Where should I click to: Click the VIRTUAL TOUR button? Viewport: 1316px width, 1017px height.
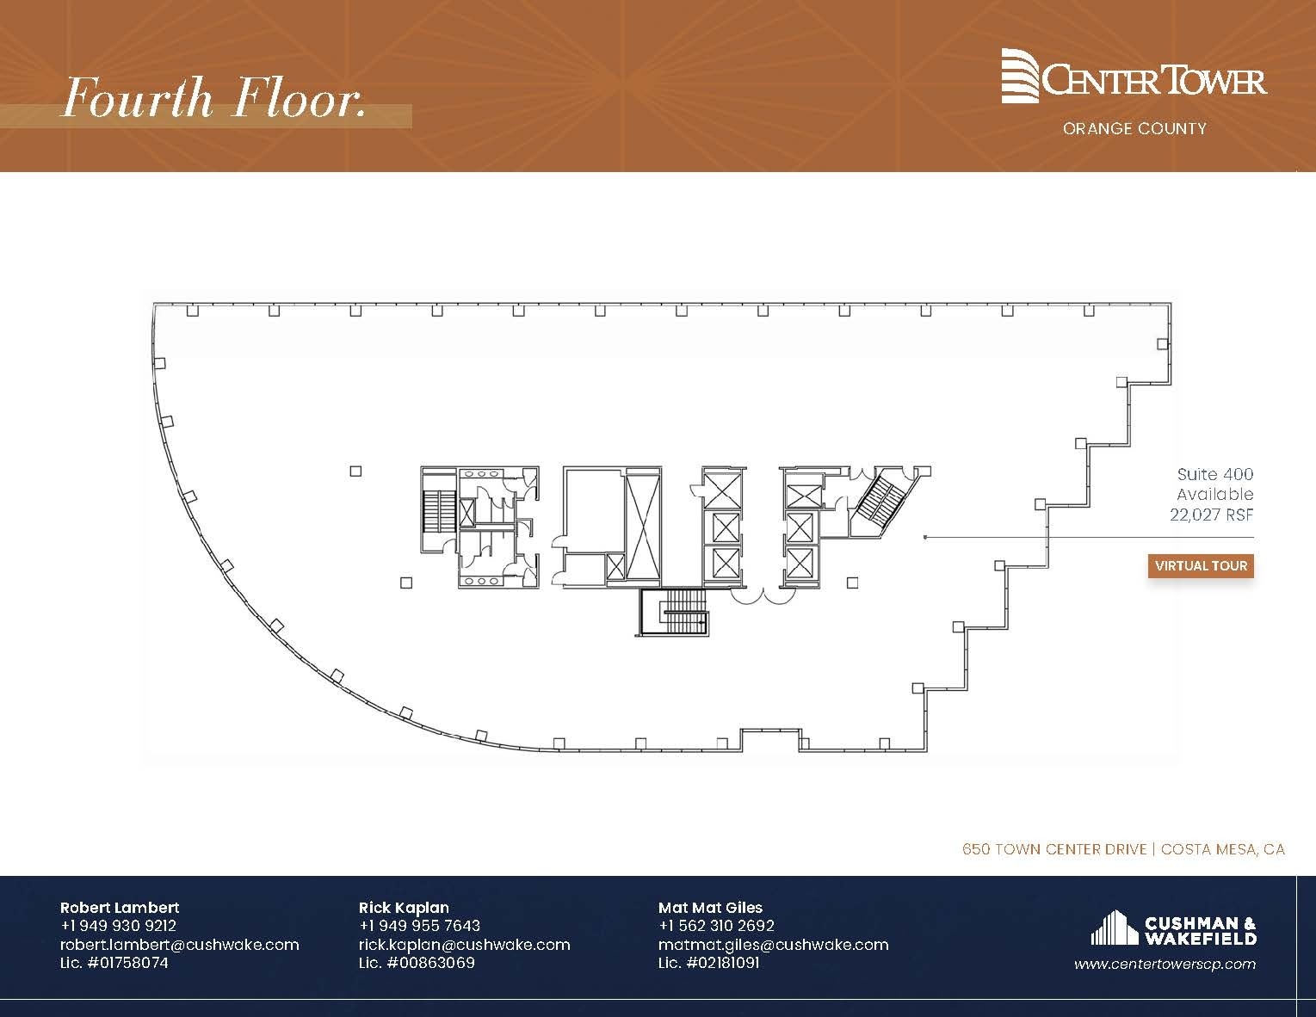pyautogui.click(x=1201, y=566)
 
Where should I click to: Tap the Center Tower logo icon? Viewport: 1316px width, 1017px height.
pyautogui.click(x=1021, y=76)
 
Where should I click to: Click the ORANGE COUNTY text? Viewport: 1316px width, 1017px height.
pyautogui.click(x=1134, y=129)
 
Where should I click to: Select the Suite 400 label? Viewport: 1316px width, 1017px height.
pyautogui.click(x=1214, y=474)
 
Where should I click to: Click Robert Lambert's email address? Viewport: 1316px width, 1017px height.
pyautogui.click(x=179, y=945)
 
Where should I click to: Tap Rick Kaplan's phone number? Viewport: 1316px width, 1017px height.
pyautogui.click(x=419, y=926)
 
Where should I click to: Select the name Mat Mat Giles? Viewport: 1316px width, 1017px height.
pyautogui.click(x=710, y=907)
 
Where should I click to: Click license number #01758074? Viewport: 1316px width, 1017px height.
pyautogui.click(x=114, y=963)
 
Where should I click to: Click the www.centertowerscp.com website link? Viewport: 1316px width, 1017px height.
pyautogui.click(x=1165, y=965)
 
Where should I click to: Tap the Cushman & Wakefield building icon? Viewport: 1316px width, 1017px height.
pyautogui.click(x=1114, y=928)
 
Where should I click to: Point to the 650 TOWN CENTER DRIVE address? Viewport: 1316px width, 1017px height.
pyautogui.click(x=1053, y=849)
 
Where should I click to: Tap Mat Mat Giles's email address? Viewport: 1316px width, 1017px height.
pyautogui.click(x=773, y=945)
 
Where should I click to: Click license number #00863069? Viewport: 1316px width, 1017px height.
pyautogui.click(x=417, y=963)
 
